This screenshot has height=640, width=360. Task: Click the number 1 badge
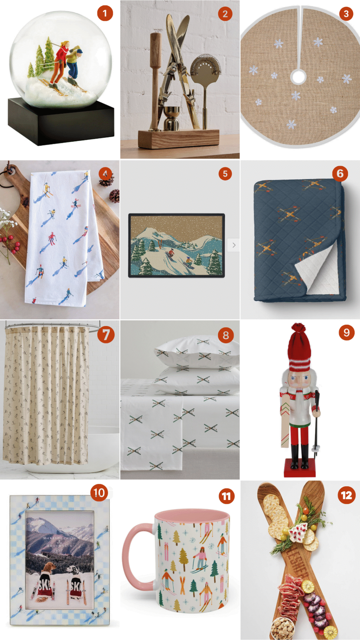[104, 14]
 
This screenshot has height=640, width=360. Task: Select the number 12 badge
[346, 495]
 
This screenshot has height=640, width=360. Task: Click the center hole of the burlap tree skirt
[298, 76]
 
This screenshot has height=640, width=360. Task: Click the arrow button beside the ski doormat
[234, 245]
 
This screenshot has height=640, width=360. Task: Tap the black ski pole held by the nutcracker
[316, 422]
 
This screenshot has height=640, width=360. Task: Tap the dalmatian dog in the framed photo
[75, 571]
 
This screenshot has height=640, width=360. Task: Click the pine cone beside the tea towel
[114, 196]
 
